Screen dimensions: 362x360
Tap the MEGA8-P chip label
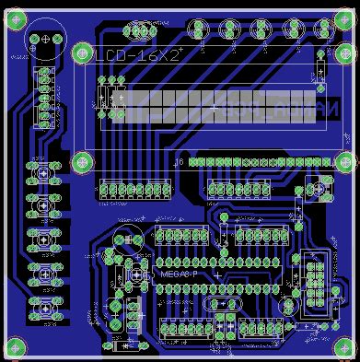click(x=176, y=274)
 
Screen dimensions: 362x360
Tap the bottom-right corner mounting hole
click(x=346, y=347)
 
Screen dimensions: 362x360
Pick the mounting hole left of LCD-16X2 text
click(x=82, y=53)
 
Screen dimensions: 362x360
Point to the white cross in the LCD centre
click(x=215, y=108)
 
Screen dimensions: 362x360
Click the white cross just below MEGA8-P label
click(x=217, y=275)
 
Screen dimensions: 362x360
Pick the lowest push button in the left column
click(x=43, y=304)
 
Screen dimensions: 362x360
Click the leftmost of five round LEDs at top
click(x=198, y=30)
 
